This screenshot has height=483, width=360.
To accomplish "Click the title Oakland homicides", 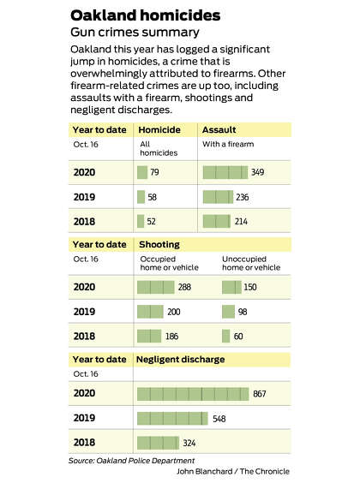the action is pos(145,15).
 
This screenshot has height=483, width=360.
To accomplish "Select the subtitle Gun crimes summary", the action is pos(135,33).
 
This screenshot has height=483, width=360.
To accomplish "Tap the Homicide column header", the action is pos(159,129).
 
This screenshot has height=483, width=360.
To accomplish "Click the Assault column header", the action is pos(219,129).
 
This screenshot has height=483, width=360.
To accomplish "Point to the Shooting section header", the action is pos(159,245).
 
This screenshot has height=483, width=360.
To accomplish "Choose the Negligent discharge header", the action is pos(180,359).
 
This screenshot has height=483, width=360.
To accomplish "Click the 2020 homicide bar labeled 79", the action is pos(142,172).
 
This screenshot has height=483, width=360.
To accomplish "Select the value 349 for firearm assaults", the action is pos(258,172).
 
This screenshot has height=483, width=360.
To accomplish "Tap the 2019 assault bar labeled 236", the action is pos(218,197).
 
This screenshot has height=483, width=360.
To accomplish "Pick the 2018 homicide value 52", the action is pos(152,222).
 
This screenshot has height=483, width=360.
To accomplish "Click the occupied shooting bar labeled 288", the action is pos(156,287).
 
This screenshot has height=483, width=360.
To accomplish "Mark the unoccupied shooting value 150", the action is pos(250,287).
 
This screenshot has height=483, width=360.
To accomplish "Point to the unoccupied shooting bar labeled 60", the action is pos(226,336).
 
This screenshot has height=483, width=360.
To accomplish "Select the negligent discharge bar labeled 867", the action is pos(193,394).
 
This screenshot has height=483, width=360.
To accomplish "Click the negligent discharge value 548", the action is pos(219,419).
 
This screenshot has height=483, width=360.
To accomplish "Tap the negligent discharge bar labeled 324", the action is pos(158,443).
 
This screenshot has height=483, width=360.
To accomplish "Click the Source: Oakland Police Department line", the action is pos(132,461).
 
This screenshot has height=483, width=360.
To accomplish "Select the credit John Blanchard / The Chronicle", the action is pos(233,471).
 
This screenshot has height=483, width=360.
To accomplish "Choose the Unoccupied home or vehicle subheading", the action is pos(251,264).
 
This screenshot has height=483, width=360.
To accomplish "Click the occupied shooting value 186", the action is pos(172,336).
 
